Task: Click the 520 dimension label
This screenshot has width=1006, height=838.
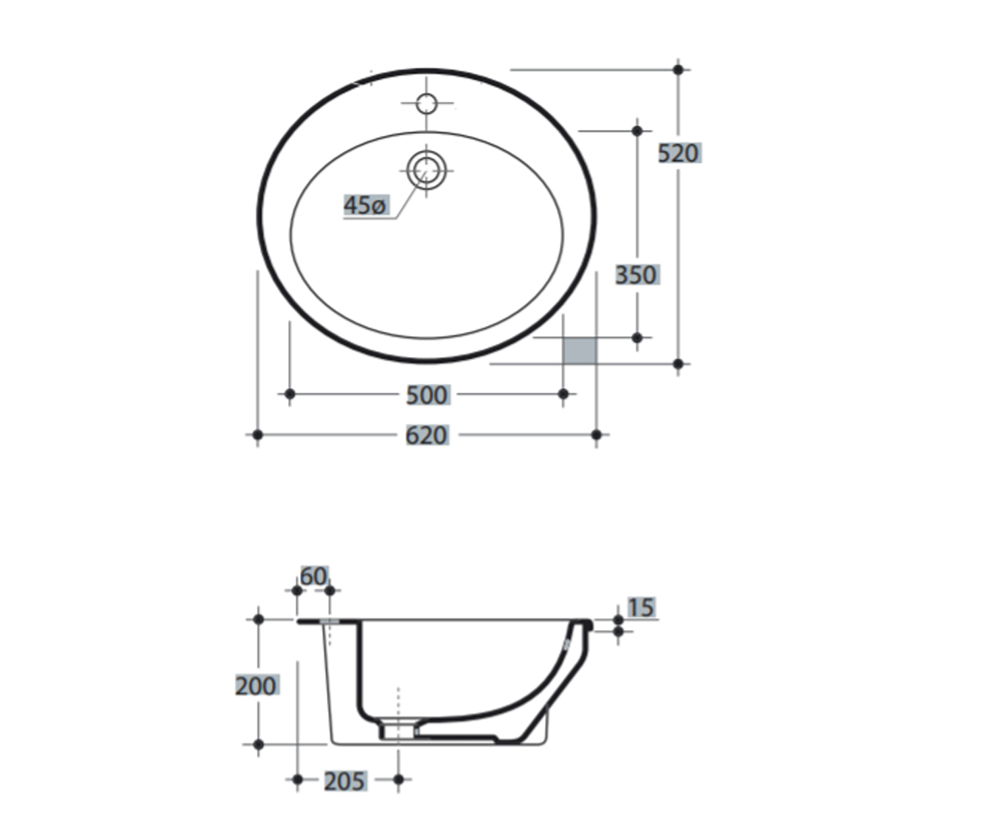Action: (679, 153)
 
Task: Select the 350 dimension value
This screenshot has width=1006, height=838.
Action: (637, 275)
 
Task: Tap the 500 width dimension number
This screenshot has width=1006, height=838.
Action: (428, 395)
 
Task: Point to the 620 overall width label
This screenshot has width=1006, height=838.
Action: (427, 436)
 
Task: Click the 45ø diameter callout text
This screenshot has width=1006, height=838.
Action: (366, 205)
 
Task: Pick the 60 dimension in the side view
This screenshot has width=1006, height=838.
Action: (314, 576)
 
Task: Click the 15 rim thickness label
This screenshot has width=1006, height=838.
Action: (641, 608)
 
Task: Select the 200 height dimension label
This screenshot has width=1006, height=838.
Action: (256, 685)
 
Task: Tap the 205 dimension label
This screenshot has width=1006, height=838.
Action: (345, 781)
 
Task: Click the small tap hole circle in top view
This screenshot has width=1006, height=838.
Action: (427, 104)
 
